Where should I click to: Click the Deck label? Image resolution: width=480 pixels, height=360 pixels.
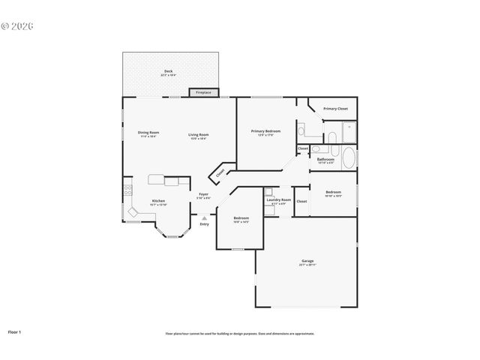(169, 73)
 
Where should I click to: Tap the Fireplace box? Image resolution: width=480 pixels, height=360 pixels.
(203, 92)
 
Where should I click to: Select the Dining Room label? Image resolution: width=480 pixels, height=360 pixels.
(148, 134)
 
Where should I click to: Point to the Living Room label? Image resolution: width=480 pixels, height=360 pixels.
(199, 134)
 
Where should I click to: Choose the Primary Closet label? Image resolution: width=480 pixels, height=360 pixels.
(335, 109)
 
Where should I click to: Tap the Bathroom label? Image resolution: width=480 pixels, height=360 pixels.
(325, 160)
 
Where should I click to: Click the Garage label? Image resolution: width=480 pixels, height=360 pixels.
(307, 262)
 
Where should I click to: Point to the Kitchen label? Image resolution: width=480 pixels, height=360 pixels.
(158, 202)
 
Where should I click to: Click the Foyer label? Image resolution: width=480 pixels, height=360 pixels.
(203, 196)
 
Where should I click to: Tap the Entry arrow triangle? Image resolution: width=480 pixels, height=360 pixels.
(203, 217)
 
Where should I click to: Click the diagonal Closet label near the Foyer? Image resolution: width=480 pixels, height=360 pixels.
(220, 172)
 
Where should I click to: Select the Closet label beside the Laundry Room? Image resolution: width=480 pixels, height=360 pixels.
(301, 201)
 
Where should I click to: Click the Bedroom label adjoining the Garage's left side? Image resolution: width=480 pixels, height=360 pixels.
(241, 219)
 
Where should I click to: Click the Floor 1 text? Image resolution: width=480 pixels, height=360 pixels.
(15, 331)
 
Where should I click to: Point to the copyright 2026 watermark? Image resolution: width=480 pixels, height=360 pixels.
(18, 26)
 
